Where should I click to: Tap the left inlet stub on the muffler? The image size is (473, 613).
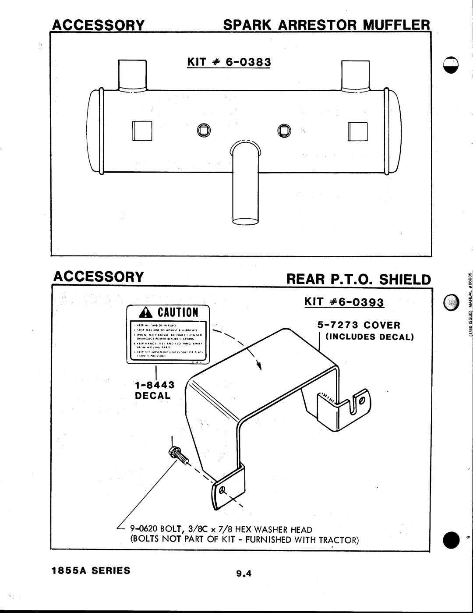(x=133, y=73)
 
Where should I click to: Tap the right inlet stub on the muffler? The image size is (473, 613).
(x=355, y=73)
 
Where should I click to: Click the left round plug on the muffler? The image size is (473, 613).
(x=203, y=130)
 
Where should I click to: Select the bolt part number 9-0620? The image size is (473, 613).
(x=143, y=528)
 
